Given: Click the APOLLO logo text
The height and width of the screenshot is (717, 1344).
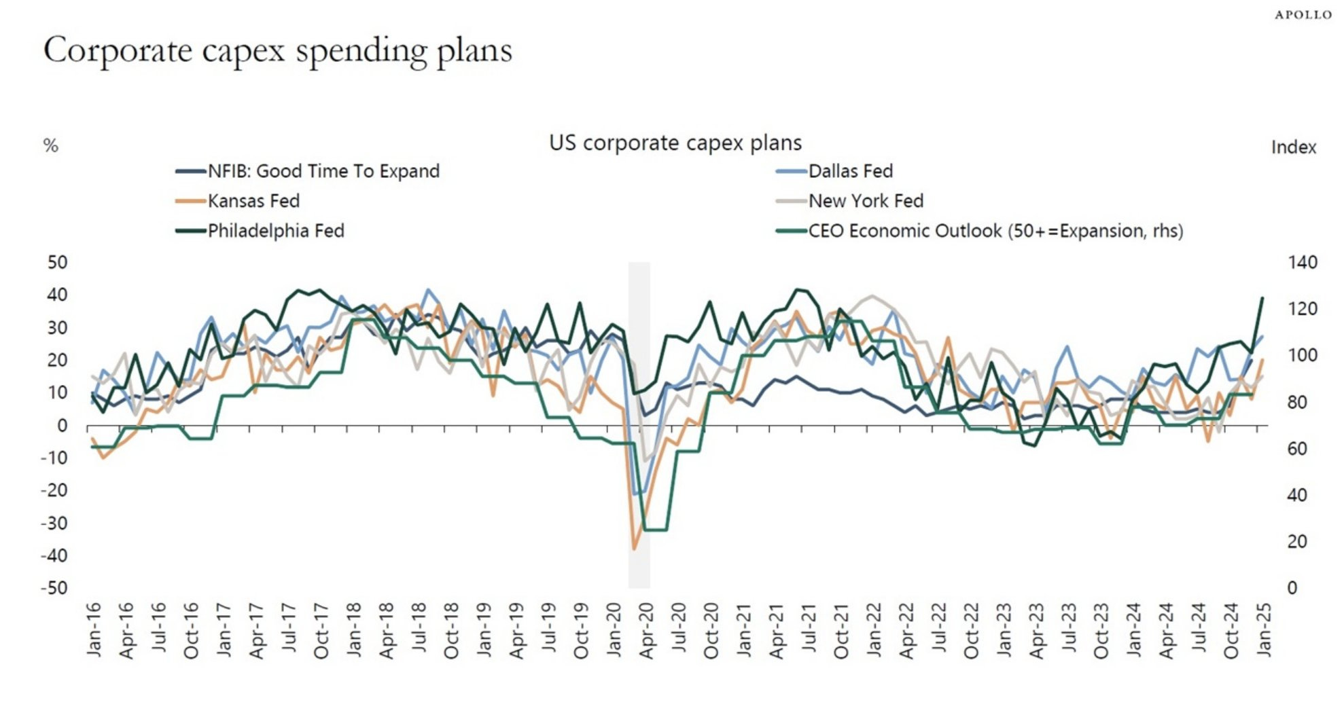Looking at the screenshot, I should pyautogui.click(x=1303, y=15).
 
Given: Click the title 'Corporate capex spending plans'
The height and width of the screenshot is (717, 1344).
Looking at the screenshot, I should pyautogui.click(x=278, y=51).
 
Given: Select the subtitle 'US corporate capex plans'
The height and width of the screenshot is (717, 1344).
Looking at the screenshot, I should pyautogui.click(x=675, y=143).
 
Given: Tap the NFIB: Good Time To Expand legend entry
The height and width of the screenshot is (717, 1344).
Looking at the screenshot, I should pyautogui.click(x=323, y=171).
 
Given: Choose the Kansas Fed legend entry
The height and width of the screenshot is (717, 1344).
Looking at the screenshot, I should pyautogui.click(x=253, y=201).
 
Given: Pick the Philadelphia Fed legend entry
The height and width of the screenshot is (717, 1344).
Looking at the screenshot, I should pyautogui.click(x=275, y=231).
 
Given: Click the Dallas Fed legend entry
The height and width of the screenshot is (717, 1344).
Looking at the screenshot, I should pyautogui.click(x=850, y=171).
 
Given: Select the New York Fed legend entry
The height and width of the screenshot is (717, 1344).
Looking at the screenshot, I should pyautogui.click(x=865, y=201).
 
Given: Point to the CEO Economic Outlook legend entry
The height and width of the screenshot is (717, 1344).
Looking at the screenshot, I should pyautogui.click(x=995, y=231).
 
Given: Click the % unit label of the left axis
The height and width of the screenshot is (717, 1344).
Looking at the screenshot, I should pyautogui.click(x=51, y=146).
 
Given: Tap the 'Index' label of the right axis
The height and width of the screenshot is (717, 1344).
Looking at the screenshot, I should pyautogui.click(x=1293, y=147).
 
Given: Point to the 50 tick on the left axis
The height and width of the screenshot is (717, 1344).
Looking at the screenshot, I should pyautogui.click(x=57, y=263).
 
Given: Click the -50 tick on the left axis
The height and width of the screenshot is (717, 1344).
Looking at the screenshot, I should pyautogui.click(x=54, y=588).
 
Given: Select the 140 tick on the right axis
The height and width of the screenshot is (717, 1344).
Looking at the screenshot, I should pyautogui.click(x=1302, y=263).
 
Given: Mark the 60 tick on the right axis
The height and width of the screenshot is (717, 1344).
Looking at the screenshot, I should pyautogui.click(x=1296, y=449).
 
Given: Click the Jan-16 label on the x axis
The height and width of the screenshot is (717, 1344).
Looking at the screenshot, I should pyautogui.click(x=94, y=629).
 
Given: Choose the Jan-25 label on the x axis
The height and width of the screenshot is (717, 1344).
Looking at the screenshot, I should pyautogui.click(x=1263, y=629).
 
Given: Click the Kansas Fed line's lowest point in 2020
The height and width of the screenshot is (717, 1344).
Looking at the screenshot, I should pyautogui.click(x=635, y=549).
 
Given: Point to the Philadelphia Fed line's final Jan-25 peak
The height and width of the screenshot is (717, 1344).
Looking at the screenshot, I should pyautogui.click(x=1262, y=298).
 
